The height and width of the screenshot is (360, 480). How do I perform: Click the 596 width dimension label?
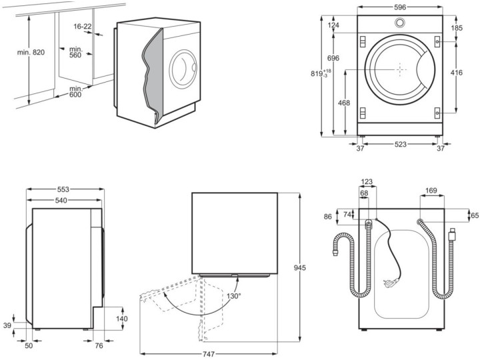coord(399,8)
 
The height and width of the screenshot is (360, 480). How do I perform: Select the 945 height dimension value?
coord(300,268)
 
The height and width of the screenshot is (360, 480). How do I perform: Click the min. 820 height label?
coord(31,52)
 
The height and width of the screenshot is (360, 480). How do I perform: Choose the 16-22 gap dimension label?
coord(83,26)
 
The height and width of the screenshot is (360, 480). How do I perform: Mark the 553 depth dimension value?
coord(63,189)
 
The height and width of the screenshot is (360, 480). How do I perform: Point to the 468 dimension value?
coord(344,103)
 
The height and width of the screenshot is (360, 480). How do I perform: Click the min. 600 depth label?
coord(75,92)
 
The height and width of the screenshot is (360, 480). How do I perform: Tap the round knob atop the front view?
coord(399,23)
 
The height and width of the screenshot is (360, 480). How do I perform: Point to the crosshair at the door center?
coord(400,69)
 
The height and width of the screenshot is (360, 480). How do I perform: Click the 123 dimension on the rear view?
coord(367,182)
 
